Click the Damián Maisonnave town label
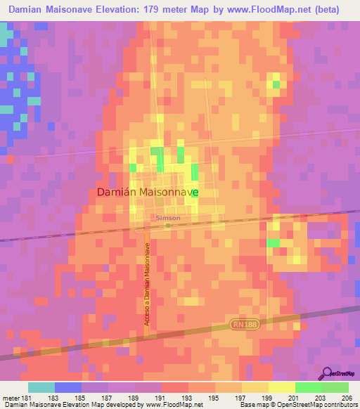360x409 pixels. [146, 191]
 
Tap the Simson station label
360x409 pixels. [168, 218]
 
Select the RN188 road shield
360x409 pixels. [242, 323]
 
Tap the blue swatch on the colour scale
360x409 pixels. [68, 387]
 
